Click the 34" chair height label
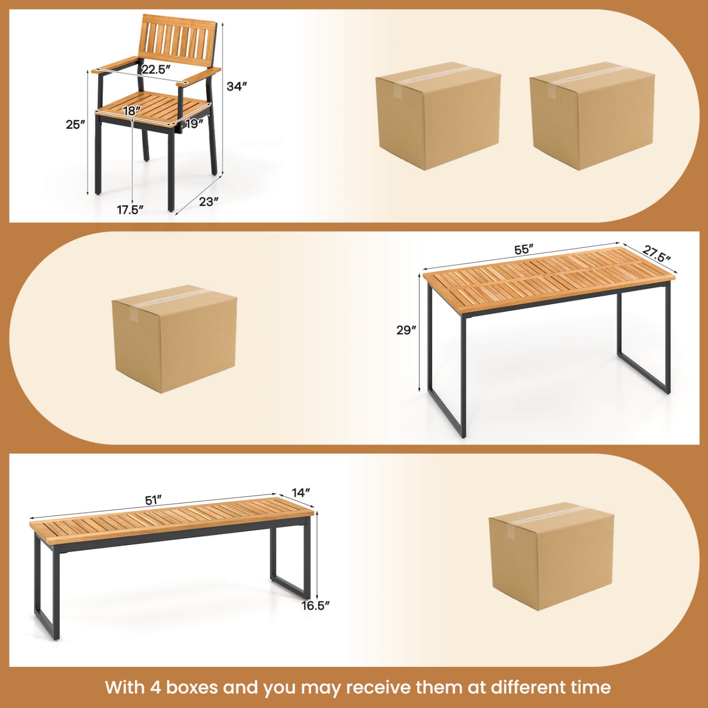236,86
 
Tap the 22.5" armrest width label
156,69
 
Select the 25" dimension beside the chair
75,125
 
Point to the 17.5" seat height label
130,210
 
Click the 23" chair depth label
208,202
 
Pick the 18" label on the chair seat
132,111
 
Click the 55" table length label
523,249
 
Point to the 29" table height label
406,330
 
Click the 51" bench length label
153,500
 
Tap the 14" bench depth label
301,493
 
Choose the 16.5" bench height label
315,606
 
